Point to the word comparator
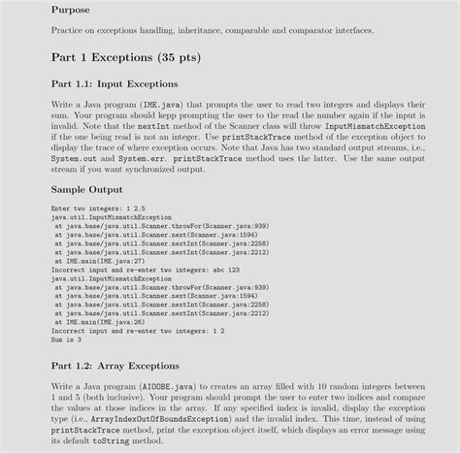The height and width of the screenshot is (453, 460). [x=305, y=30]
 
